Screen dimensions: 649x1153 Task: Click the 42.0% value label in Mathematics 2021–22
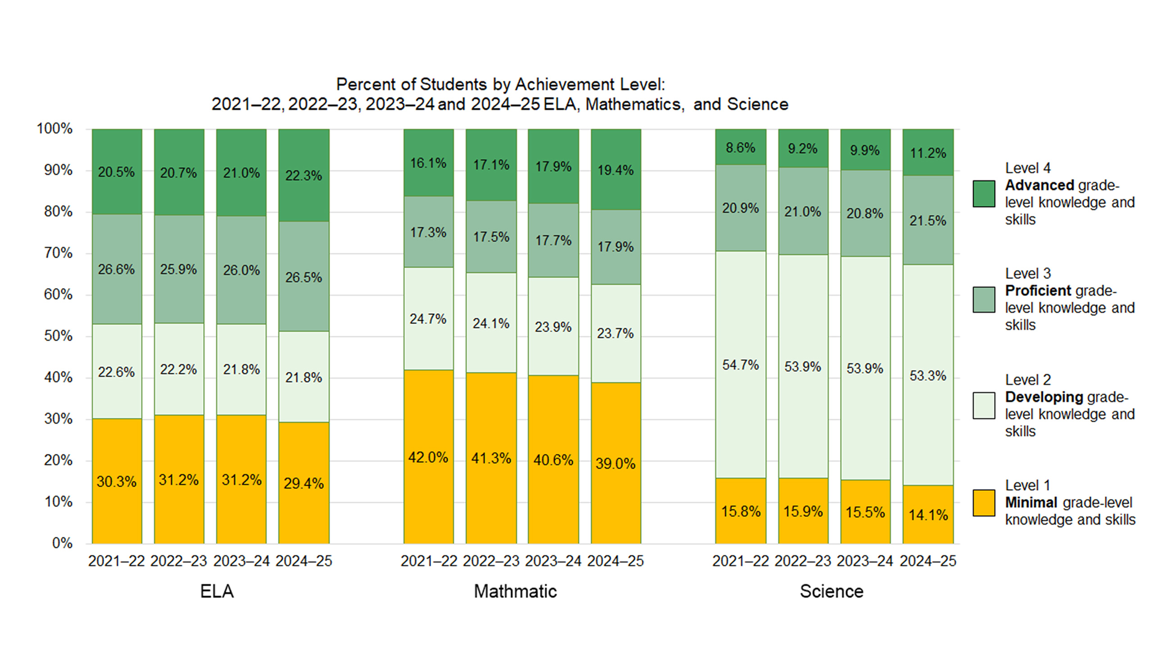tap(428, 457)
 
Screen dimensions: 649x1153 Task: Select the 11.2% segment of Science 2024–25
tap(928, 153)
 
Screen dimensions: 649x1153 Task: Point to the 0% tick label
tap(62, 543)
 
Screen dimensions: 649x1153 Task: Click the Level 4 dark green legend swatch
tap(984, 194)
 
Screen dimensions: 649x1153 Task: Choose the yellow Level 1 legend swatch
tap(984, 503)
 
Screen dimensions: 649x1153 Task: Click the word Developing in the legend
tap(1044, 397)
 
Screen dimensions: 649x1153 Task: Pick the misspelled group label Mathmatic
tap(515, 591)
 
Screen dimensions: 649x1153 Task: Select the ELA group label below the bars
tap(217, 591)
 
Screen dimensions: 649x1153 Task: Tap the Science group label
tap(831, 591)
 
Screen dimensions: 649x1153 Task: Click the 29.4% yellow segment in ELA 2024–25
tap(304, 483)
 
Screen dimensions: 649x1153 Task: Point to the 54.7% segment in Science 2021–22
tap(740, 365)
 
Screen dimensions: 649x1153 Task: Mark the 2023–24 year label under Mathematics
tap(553, 561)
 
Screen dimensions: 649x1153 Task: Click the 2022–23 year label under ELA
tap(178, 561)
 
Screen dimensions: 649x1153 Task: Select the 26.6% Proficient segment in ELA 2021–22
tap(117, 269)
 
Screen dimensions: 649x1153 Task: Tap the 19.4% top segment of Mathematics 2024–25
tap(616, 170)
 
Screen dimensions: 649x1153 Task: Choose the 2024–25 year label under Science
tap(928, 561)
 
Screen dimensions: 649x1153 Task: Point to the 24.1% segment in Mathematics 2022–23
tap(491, 323)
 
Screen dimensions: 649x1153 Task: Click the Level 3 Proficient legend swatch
tap(984, 300)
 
